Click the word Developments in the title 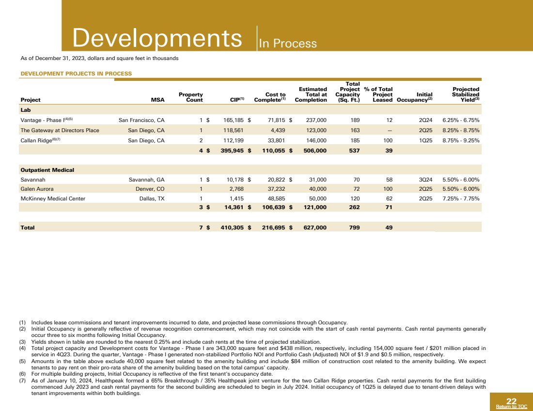pyautogui.click(x=157, y=38)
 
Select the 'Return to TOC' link pyautogui.click(x=511, y=407)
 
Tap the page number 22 pyautogui.click(x=511, y=401)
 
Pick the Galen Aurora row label pyautogui.click(x=37, y=189)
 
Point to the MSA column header pyautogui.click(x=157, y=100)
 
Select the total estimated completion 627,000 pyautogui.click(x=311, y=227)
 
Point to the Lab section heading pyautogui.click(x=25, y=110)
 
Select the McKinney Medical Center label pyautogui.click(x=53, y=198)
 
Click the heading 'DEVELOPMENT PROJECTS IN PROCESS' pyautogui.click(x=76, y=74)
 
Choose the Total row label pyautogui.click(x=27, y=227)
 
